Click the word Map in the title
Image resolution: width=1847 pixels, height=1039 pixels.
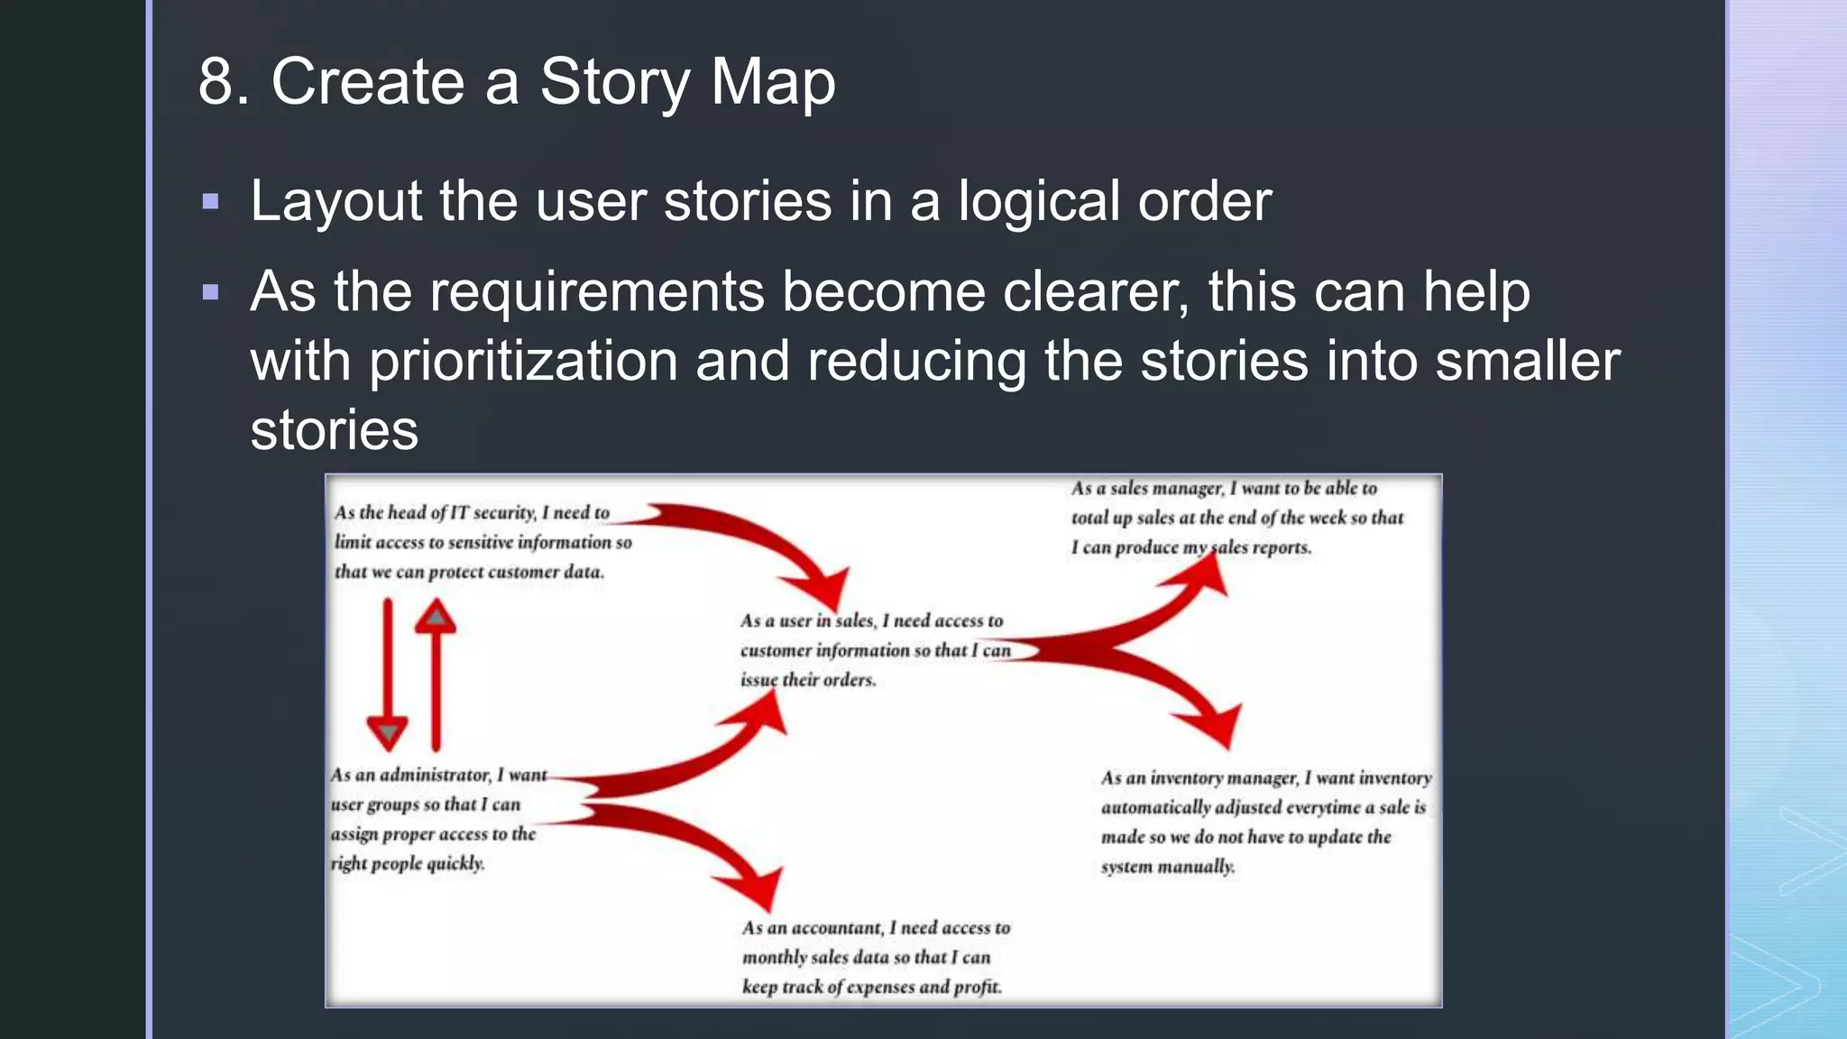click(773, 81)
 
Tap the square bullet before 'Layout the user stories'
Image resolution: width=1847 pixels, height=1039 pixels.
click(211, 201)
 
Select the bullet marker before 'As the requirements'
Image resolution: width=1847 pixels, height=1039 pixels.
click(211, 292)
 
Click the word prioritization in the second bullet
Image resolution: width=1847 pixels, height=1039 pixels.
click(523, 361)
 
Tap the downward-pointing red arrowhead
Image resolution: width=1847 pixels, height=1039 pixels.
click(388, 732)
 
